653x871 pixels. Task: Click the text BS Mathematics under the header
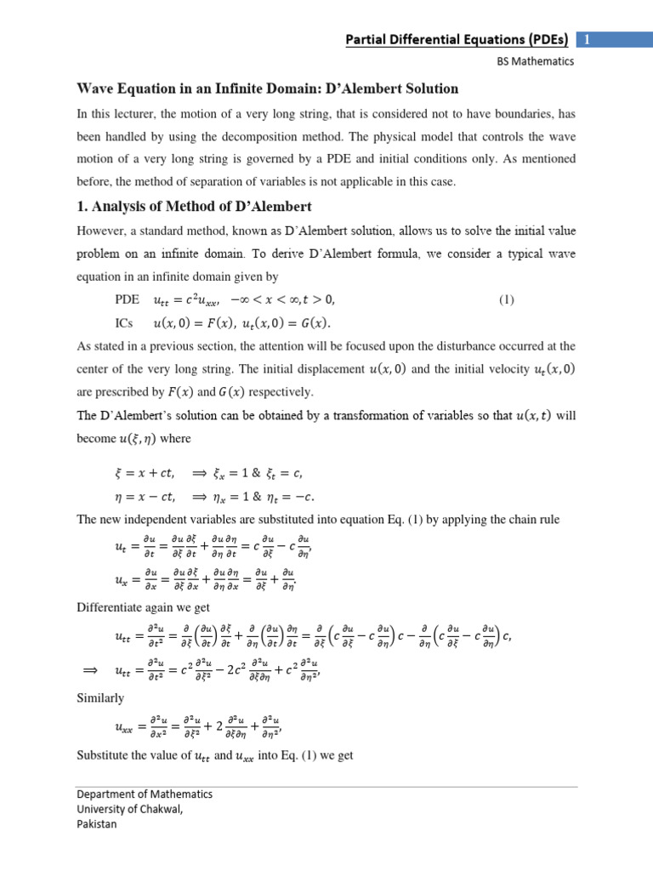click(x=537, y=61)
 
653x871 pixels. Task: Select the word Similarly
click(x=100, y=697)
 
